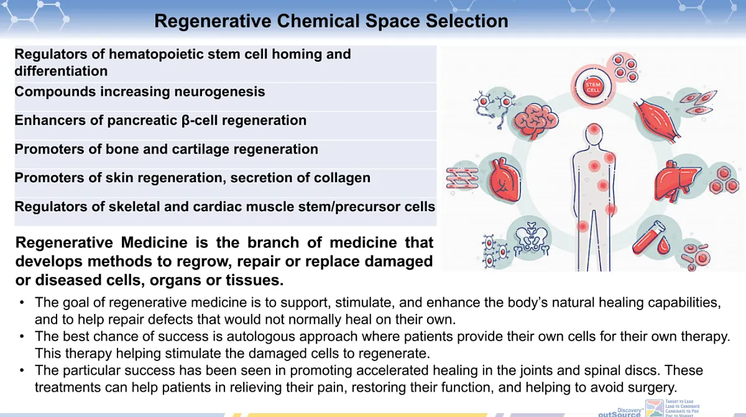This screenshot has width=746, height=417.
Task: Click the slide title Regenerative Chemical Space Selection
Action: click(331, 21)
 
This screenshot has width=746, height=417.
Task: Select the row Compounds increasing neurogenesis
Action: click(140, 92)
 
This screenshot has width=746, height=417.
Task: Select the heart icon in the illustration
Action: click(504, 180)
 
